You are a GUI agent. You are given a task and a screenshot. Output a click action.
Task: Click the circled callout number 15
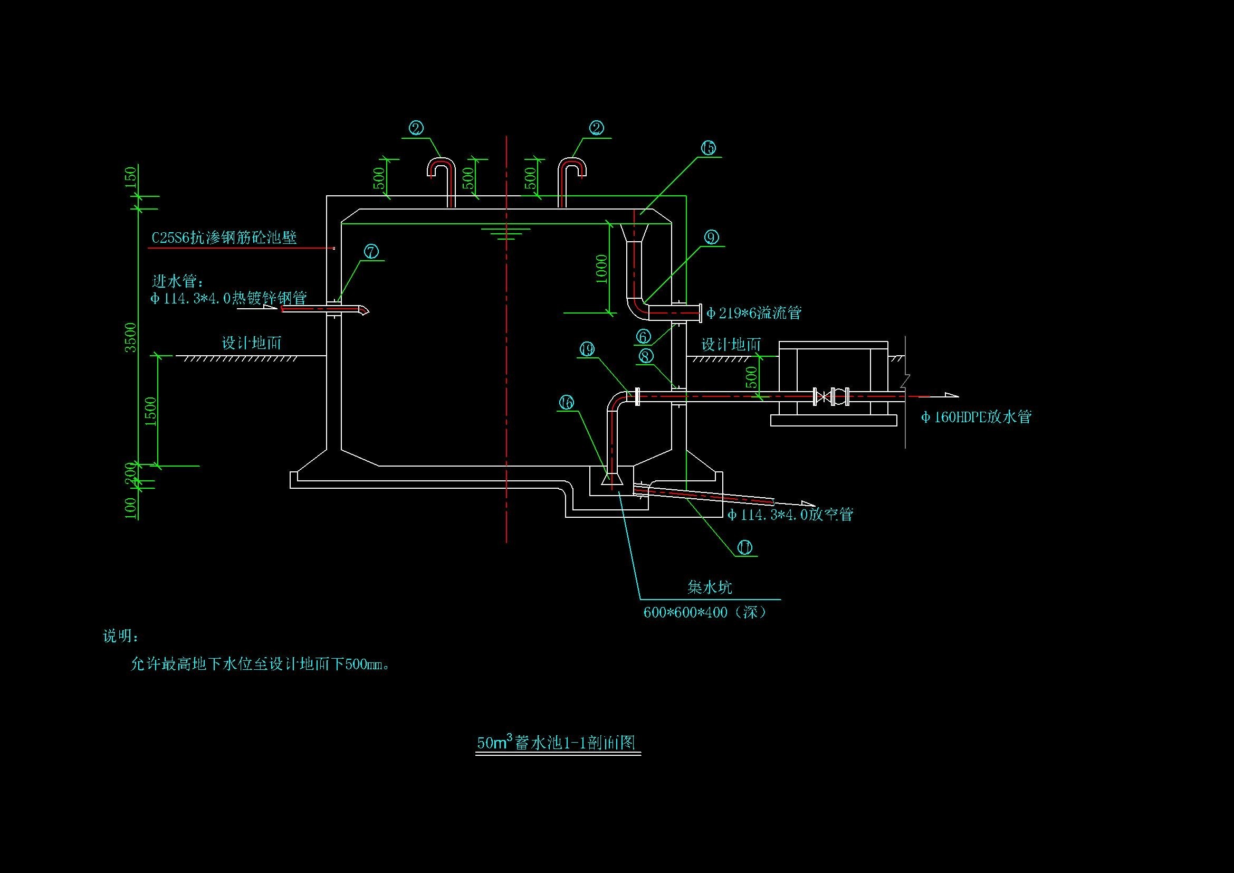(709, 148)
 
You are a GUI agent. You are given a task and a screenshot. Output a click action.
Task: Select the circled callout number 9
(712, 237)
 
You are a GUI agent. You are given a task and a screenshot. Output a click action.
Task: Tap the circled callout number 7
(371, 252)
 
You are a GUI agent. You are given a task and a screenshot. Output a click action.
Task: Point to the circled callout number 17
(744, 547)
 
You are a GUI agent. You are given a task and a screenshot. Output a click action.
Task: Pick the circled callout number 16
(567, 403)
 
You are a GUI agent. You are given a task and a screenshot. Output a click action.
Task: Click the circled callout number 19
(587, 349)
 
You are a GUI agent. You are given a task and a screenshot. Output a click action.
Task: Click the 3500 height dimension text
(131, 338)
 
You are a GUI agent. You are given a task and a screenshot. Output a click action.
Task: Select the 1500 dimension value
(150, 411)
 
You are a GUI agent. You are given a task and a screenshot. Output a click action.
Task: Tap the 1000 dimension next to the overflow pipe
(601, 269)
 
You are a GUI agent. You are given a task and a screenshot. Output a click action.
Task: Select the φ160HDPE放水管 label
(976, 417)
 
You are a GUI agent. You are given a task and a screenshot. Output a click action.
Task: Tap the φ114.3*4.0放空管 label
(790, 515)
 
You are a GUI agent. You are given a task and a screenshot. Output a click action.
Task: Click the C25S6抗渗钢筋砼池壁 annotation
(224, 238)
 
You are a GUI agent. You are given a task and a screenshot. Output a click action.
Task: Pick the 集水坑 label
(710, 587)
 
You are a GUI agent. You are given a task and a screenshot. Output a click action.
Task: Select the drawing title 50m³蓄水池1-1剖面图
(557, 743)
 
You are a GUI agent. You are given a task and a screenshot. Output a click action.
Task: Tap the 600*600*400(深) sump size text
(705, 612)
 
